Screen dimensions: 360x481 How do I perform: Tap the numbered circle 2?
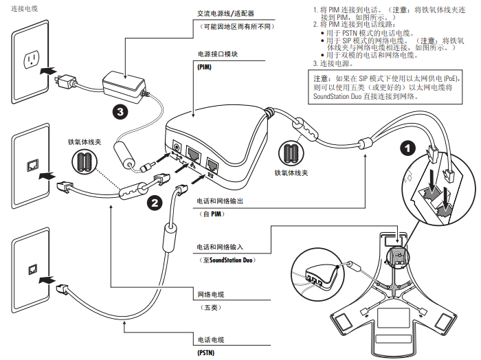pyautogui.click(x=155, y=202)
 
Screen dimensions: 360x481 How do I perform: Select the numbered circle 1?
pyautogui.click(x=407, y=147)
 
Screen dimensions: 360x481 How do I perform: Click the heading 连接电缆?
pyautogui.click(x=25, y=8)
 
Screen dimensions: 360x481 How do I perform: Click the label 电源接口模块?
pyautogui.click(x=217, y=53)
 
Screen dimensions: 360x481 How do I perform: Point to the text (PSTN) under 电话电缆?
pyautogui.click(x=206, y=352)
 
